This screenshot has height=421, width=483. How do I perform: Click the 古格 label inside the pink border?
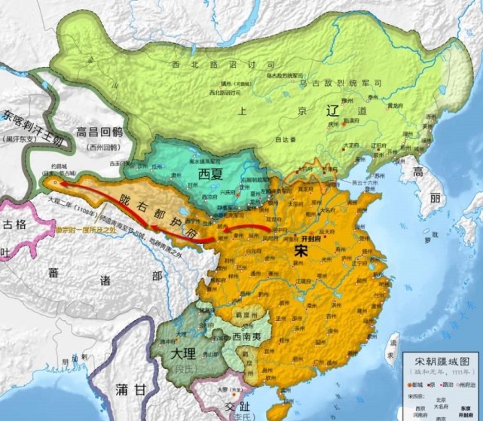pos(14,224)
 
